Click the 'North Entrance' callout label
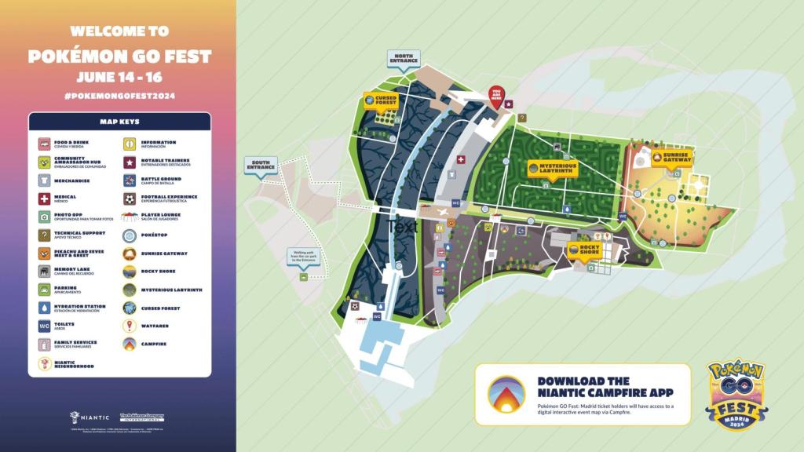[x=404, y=57]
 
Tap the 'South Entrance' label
[x=261, y=166]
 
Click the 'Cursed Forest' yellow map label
[x=380, y=101]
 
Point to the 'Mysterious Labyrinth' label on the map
[x=552, y=169]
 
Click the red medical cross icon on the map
[x=461, y=159]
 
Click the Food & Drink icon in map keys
[x=44, y=144]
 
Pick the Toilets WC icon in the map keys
[x=44, y=326]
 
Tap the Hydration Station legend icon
[x=44, y=308]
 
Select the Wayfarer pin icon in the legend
[x=129, y=326]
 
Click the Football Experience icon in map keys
[x=129, y=199]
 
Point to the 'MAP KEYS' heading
[x=119, y=122]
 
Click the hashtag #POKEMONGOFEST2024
[x=119, y=96]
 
